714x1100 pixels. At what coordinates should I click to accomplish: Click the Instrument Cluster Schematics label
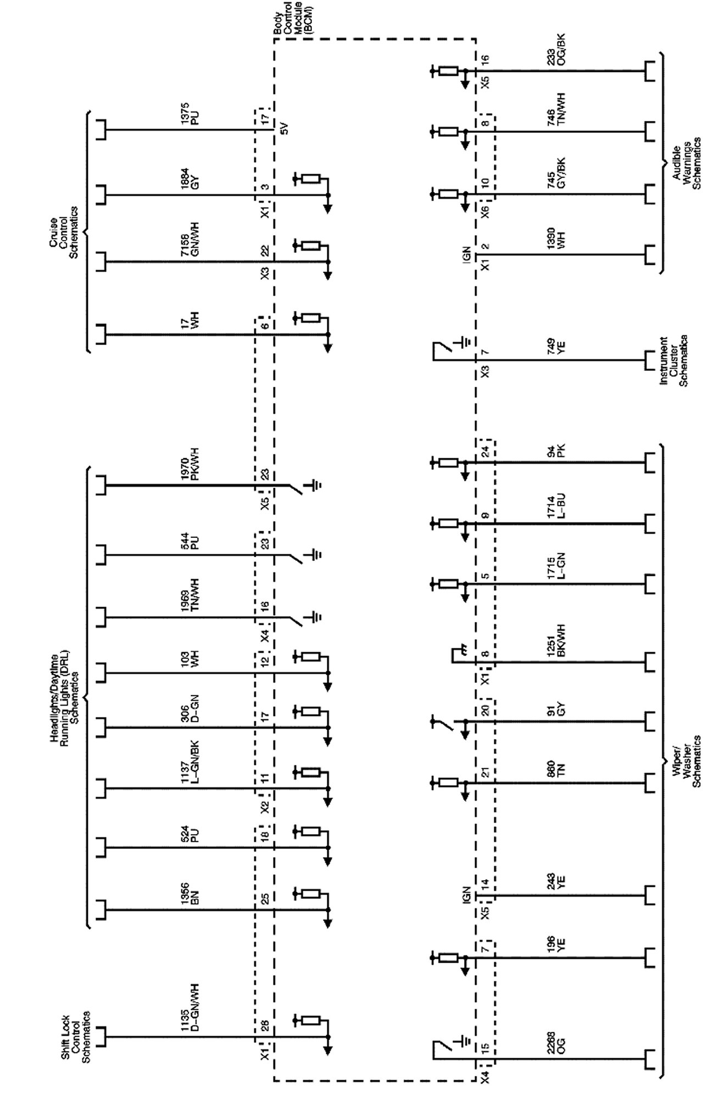(x=673, y=361)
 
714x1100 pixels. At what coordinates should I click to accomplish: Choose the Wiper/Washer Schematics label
(x=687, y=760)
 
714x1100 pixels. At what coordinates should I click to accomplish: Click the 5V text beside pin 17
(x=283, y=130)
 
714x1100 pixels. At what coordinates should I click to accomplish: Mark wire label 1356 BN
(x=189, y=893)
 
